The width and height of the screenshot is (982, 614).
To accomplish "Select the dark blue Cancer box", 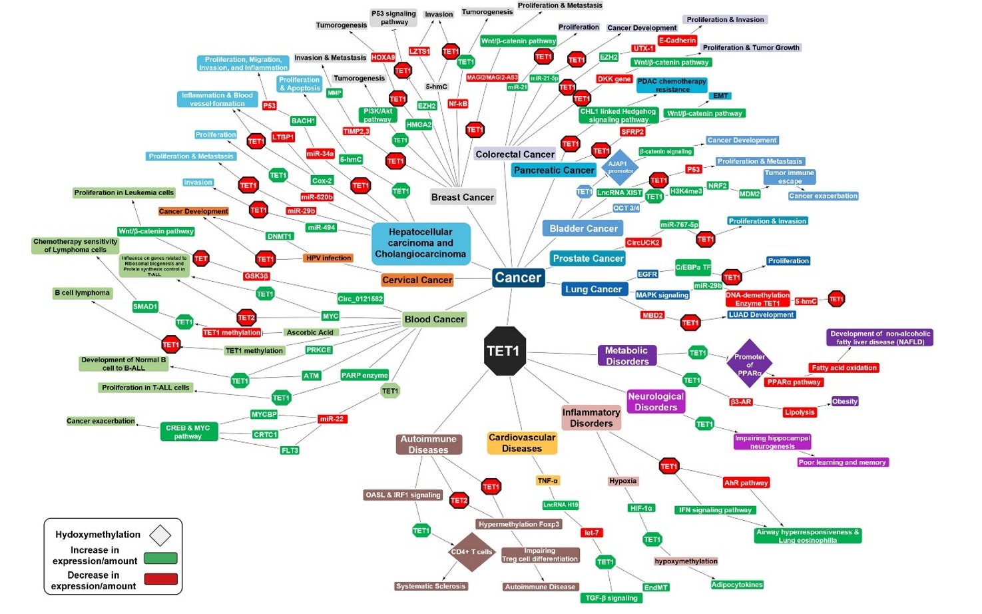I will click(x=518, y=278).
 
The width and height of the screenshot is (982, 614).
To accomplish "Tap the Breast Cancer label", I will click(x=463, y=197).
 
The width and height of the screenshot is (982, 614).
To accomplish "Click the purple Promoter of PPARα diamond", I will click(x=750, y=364).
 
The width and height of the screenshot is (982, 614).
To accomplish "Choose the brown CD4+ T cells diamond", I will click(x=471, y=551).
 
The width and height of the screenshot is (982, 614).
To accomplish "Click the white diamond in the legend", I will click(x=160, y=535).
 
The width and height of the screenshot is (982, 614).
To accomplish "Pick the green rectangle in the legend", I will click(x=160, y=558).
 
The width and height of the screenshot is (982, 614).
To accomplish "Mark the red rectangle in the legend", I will click(x=160, y=579).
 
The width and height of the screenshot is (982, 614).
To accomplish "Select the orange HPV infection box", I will click(x=328, y=258).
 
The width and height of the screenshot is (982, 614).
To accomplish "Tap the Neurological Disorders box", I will click(x=655, y=402).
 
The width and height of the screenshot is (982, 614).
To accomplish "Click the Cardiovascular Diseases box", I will click(x=522, y=443).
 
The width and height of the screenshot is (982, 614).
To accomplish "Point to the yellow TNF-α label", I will click(x=547, y=480).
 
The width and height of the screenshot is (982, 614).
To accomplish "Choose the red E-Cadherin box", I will click(x=677, y=41).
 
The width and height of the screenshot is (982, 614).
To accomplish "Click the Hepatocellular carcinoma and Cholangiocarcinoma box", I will click(x=420, y=243).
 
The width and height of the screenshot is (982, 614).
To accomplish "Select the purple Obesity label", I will click(x=845, y=402).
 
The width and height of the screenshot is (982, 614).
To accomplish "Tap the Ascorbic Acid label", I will click(x=310, y=332).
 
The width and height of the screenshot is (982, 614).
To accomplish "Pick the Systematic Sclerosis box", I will click(x=431, y=586).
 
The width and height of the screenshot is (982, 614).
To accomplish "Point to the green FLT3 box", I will click(x=290, y=450).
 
